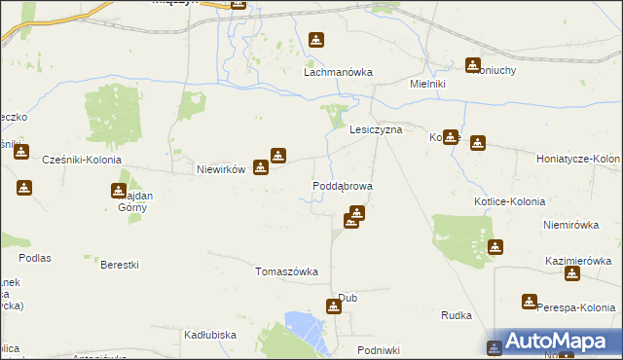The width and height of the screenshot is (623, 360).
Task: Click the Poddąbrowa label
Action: (342, 185)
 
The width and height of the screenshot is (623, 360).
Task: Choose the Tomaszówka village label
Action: (286, 271)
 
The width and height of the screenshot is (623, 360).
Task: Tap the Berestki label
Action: (120, 265)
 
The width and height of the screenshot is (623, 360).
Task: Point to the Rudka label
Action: (456, 315)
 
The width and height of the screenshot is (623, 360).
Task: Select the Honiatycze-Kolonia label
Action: (579, 158)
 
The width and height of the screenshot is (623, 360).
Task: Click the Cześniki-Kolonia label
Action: (82, 160)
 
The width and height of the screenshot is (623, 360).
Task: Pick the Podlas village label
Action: (34, 258)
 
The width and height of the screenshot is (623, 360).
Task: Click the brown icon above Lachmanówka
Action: (316, 41)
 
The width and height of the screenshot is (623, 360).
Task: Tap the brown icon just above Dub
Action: (334, 307)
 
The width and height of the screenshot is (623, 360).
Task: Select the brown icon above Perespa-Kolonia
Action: (530, 303)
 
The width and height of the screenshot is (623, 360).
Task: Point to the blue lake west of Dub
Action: (306, 327)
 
